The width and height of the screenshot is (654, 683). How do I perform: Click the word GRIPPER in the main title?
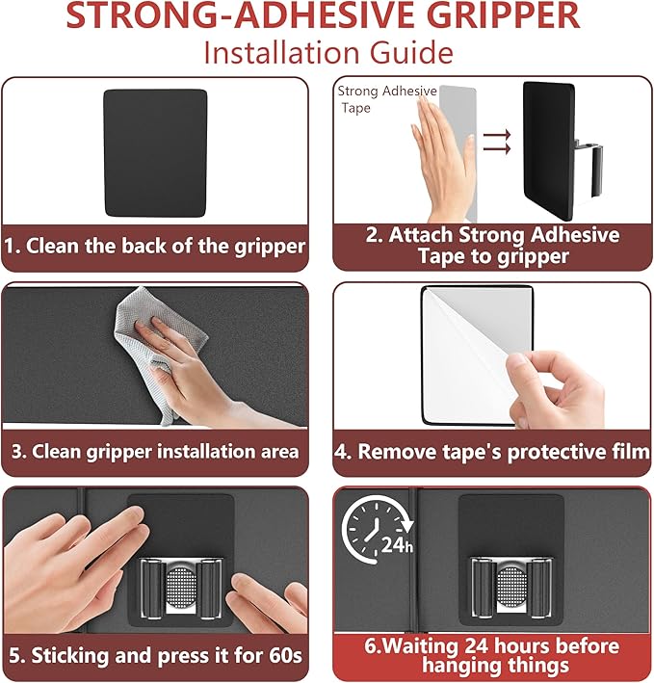[506, 14]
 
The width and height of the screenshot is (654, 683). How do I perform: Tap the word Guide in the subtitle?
[411, 53]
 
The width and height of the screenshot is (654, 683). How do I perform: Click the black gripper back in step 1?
[155, 153]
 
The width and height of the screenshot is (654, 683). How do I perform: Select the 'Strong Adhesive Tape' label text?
[386, 99]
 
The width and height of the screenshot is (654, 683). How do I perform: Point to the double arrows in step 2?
[497, 142]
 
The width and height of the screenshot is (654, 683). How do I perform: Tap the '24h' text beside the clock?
[397, 545]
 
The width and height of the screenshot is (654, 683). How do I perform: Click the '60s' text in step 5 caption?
[285, 655]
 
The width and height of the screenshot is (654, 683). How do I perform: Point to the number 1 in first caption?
[12, 246]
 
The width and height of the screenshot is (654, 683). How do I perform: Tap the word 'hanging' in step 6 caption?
[458, 667]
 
